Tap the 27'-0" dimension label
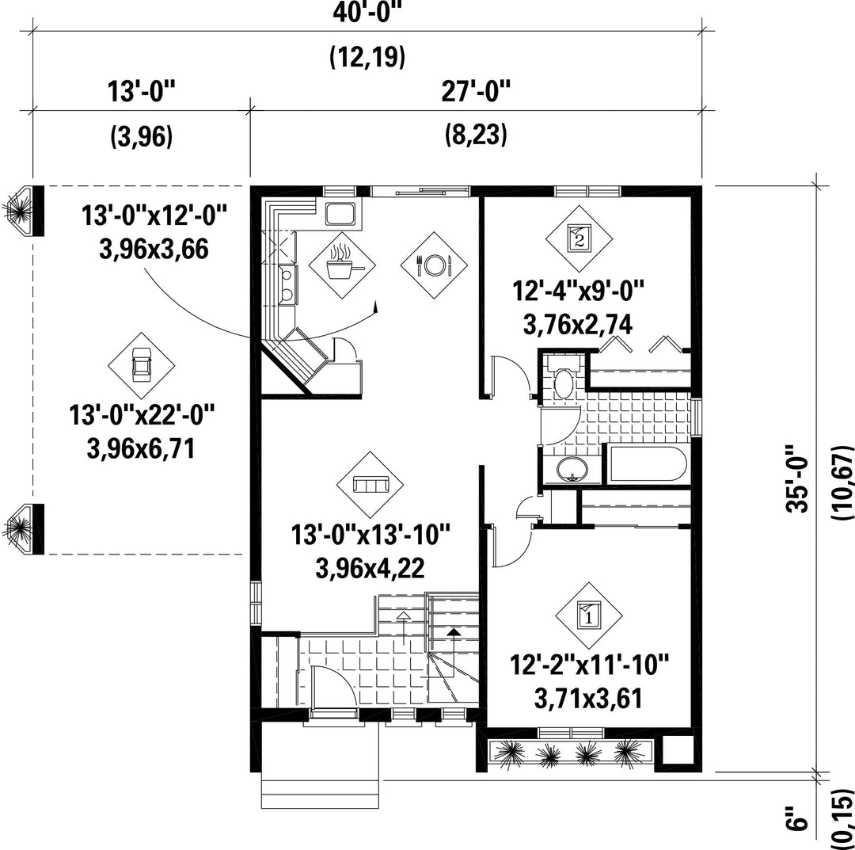(x=476, y=92)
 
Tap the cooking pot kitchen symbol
(x=342, y=265)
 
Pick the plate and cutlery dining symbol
(x=434, y=265)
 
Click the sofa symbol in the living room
(x=370, y=485)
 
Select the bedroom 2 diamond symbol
(x=579, y=238)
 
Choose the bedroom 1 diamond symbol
(x=589, y=616)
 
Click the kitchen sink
(x=341, y=213)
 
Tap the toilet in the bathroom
(x=563, y=378)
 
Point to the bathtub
(x=646, y=465)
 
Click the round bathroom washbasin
(x=572, y=469)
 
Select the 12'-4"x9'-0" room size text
(x=579, y=290)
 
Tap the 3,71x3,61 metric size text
(x=588, y=699)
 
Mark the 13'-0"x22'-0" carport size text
(x=141, y=414)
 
